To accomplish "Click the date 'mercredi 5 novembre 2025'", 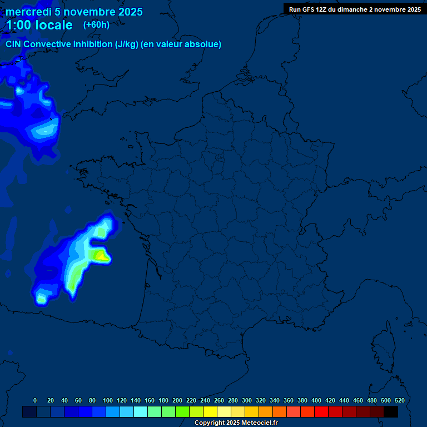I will click(74, 12).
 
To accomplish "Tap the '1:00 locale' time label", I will click(39, 25).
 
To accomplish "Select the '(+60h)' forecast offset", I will click(96, 25).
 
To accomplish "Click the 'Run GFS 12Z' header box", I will click(355, 9).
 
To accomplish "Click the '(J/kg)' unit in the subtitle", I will click(127, 44).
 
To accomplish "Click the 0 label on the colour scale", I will click(35, 400).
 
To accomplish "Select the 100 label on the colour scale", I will click(108, 400).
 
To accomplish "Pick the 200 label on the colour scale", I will click(177, 400).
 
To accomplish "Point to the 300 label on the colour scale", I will click(247, 400).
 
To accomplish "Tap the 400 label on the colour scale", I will click(316, 400).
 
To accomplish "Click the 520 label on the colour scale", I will click(399, 400).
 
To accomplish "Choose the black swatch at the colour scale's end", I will click(391, 411).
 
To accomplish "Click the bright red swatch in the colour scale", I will click(321, 411).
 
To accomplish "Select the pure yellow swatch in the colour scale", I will click(210, 411).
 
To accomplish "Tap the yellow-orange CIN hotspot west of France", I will click(101, 256).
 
